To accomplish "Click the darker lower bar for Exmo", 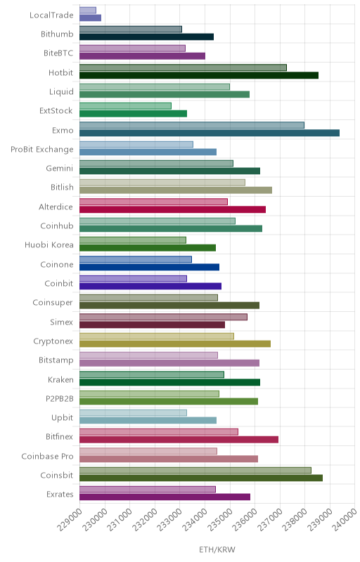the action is coord(210,133).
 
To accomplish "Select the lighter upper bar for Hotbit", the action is coord(183,67).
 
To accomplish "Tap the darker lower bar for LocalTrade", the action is coord(91,18).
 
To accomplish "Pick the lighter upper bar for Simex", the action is coord(163,317).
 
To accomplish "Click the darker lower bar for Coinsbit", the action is coord(201,478).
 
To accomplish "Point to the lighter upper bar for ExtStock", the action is coord(125,106).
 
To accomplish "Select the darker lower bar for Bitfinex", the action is coord(179,440).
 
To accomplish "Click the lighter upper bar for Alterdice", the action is coord(153,202).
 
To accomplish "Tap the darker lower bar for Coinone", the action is coord(149,267).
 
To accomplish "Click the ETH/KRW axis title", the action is coord(217,550).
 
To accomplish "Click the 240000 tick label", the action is coord(346,519).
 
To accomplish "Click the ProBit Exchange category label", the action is coord(42,150).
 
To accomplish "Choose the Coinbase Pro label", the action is coord(47,456).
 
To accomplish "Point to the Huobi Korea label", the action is coord(49,244).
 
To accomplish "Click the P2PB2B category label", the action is coord(60,398).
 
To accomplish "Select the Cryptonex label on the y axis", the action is coord(53,341).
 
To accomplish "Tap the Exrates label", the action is coord(60,495).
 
